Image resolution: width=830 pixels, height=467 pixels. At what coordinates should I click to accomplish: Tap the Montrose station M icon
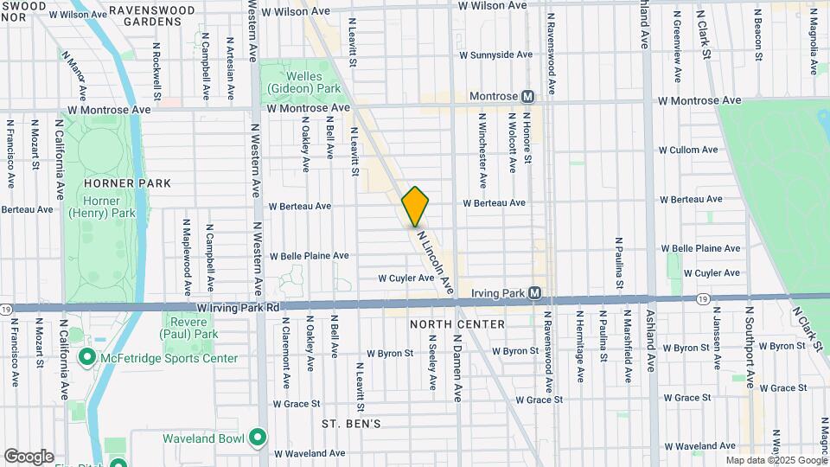coord(527,96)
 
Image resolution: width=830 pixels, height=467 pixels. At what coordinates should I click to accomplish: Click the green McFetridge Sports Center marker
coord(86,357)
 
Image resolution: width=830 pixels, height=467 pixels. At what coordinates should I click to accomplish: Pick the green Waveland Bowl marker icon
coord(257,438)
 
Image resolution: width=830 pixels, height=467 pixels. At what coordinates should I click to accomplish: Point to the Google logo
coord(28,457)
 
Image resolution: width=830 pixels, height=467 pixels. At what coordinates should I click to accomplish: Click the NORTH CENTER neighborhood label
coord(457,324)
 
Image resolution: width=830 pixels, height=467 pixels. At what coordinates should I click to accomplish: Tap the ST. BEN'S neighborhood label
coord(351,424)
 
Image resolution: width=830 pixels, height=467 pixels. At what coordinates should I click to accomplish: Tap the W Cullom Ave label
coord(688,150)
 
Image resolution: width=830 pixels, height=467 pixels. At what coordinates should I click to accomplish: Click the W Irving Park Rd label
coord(238,307)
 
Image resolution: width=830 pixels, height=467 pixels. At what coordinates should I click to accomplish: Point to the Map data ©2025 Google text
coord(776,460)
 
